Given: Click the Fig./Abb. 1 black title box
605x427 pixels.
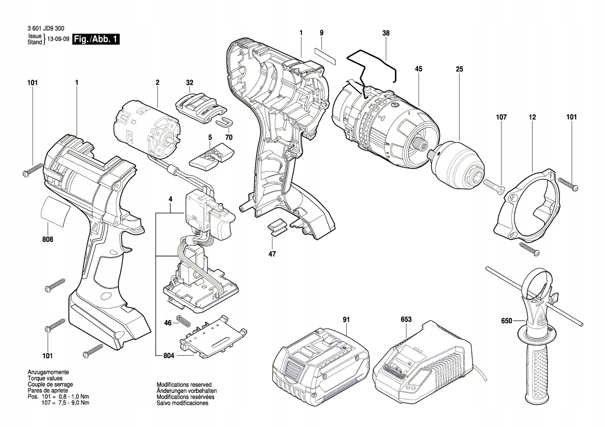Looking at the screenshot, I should click(x=96, y=39).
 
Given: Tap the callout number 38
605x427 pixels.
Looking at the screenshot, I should click(x=386, y=33).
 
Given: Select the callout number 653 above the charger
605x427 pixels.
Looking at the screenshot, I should click(x=406, y=320).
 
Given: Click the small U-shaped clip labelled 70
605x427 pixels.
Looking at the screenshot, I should click(x=224, y=121).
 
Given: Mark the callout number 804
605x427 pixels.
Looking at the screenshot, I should click(x=169, y=356).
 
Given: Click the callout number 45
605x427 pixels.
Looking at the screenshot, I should click(x=418, y=69).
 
